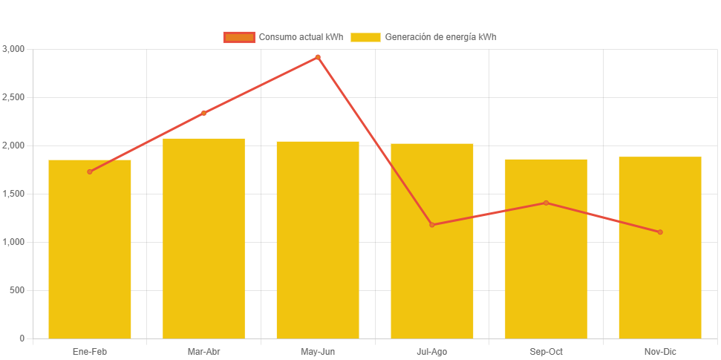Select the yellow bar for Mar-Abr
[203, 238]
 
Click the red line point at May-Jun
[318, 57]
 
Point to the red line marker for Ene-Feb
[90, 171]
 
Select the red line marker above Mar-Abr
[203, 113]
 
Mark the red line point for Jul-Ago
[432, 225]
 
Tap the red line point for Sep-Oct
[546, 203]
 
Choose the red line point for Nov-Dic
[660, 232]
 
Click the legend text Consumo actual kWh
[301, 37]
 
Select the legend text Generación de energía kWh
[441, 37]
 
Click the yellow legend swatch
[365, 37]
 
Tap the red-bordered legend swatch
[239, 37]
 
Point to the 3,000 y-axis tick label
[13, 49]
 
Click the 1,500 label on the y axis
[13, 194]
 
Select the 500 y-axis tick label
[16, 290]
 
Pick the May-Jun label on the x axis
[318, 351]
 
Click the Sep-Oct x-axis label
[546, 351]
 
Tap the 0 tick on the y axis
[22, 338]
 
